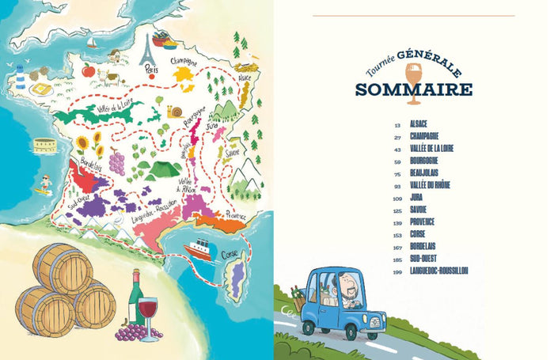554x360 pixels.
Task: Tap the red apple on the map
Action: pyautogui.click(x=88, y=70)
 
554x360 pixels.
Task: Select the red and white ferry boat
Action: pyautogui.click(x=198, y=248)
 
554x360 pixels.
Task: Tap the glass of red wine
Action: pyautogui.click(x=148, y=312)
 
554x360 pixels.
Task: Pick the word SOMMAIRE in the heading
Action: pyautogui.click(x=411, y=88)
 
